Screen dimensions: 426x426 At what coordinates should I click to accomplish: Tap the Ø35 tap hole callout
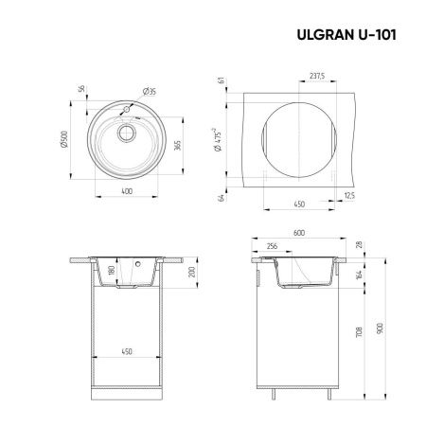[149, 91]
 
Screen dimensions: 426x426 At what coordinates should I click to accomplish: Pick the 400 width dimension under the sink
[125, 192]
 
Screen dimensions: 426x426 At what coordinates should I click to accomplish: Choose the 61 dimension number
[221, 82]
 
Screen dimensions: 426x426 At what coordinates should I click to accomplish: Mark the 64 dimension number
[221, 197]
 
